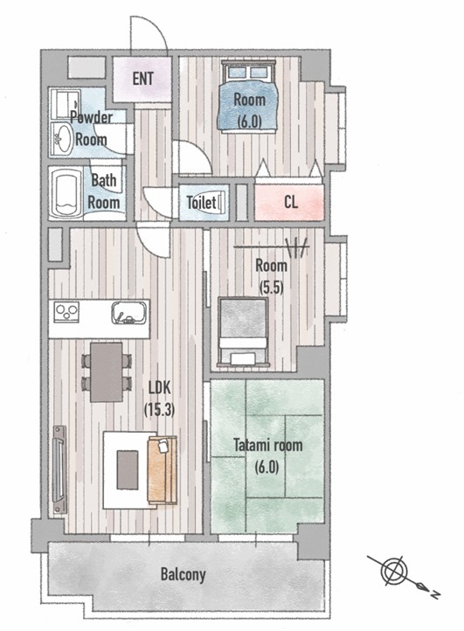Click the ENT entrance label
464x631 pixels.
coord(142,78)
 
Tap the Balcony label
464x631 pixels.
coord(184,574)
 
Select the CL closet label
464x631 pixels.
coord(291,202)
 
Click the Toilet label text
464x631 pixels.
coord(201,202)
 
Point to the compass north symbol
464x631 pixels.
coord(403,575)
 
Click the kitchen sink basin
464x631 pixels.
coord(128,312)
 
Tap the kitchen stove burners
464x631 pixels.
coord(66,311)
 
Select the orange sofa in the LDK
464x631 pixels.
coord(163,470)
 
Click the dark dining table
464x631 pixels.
coord(107,371)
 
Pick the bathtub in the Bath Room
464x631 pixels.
coord(66,193)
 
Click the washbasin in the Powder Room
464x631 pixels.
coord(62,139)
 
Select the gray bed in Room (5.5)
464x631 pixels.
coord(243,331)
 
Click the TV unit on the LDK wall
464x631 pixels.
coord(59,469)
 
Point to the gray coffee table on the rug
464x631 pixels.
coord(128,469)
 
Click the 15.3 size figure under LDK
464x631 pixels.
coord(159,410)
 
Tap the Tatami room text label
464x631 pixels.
coord(268,445)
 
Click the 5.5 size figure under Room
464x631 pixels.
coord(271,288)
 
